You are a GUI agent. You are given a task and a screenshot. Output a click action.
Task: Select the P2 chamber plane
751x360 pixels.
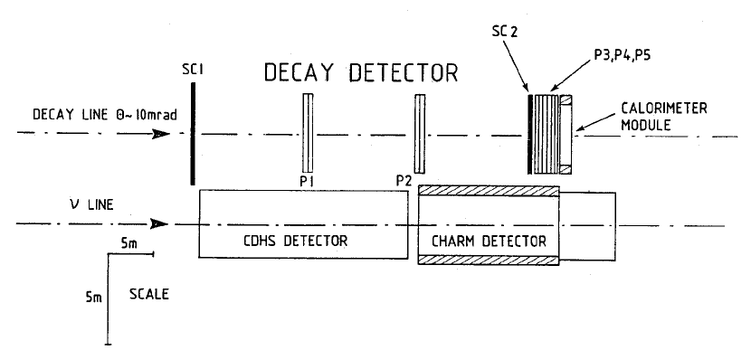point(419,133)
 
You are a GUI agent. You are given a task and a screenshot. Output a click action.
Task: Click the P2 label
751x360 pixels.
point(404,180)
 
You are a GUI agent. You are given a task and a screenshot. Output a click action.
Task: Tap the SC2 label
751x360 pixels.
point(500,32)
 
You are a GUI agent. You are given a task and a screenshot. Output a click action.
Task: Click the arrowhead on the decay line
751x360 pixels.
point(160,134)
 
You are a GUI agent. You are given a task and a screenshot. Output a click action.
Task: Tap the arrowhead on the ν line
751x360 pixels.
point(160,223)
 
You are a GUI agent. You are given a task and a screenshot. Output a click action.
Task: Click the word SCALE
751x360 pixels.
point(148,295)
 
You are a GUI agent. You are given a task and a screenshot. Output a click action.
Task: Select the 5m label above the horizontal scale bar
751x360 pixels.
point(130,242)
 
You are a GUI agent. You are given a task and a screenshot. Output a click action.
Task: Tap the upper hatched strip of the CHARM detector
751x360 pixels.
point(489,191)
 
